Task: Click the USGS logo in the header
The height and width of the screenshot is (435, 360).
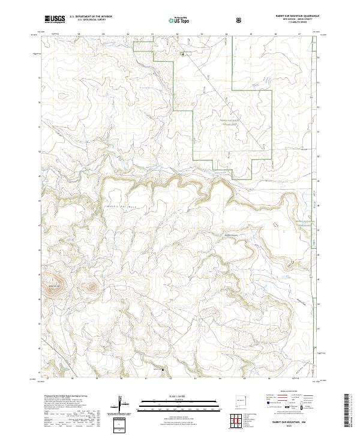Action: [55, 20]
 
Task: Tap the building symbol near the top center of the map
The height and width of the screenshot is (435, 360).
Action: [184, 55]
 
